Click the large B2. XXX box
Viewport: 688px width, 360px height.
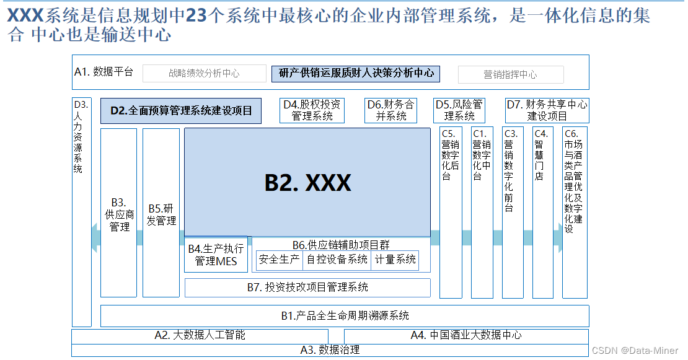(307, 182)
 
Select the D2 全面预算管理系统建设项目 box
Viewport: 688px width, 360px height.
(181, 111)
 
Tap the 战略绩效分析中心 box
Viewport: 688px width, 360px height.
(204, 74)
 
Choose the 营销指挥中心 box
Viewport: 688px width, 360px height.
(511, 74)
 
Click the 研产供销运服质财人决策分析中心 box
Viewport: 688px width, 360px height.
(356, 73)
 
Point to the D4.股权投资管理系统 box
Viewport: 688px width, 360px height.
(312, 110)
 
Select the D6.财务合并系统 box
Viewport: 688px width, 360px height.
(390, 110)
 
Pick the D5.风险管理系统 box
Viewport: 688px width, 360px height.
(459, 110)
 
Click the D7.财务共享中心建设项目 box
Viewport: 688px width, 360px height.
(547, 110)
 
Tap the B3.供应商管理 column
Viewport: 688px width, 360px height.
(119, 214)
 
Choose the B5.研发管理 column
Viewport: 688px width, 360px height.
(161, 214)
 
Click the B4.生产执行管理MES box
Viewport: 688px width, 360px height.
(216, 255)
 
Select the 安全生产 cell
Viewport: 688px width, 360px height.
(280, 260)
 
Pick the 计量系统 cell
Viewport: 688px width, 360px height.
(395, 260)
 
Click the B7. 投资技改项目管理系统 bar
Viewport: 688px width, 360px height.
(307, 288)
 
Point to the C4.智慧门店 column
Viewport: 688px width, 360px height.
(542, 214)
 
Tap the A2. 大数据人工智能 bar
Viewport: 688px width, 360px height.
(200, 335)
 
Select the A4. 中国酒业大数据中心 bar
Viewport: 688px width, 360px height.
(466, 335)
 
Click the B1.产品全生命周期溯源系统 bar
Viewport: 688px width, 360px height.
(345, 316)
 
